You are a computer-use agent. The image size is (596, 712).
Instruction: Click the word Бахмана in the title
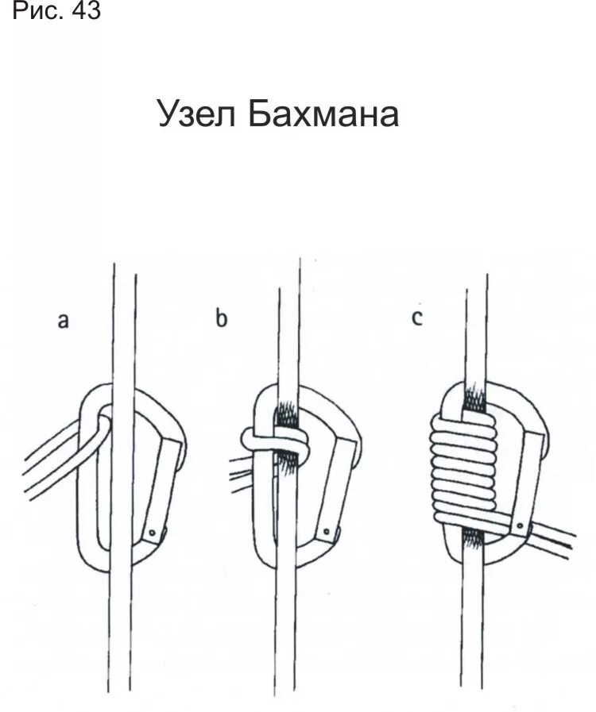[322, 116]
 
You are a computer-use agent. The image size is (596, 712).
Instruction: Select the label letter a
[64, 320]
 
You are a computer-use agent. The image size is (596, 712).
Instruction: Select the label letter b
[221, 320]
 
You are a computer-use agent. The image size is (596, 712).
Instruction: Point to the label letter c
[417, 320]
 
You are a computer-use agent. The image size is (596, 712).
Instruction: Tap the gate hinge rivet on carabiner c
[517, 525]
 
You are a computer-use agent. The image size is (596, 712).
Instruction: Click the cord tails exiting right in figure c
[556, 538]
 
